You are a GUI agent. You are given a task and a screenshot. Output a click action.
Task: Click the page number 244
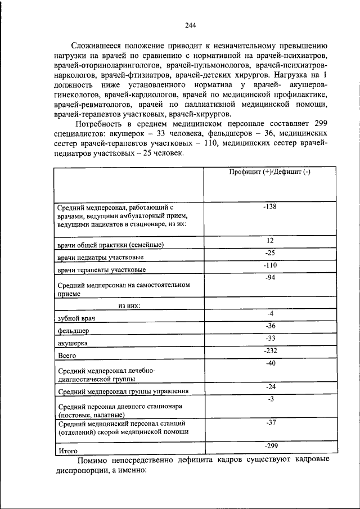tap(190, 25)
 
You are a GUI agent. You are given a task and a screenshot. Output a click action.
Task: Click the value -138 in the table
tap(269, 207)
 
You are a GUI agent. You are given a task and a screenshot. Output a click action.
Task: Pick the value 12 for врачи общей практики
tap(269, 240)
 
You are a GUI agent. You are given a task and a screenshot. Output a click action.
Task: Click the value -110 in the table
tap(269, 265)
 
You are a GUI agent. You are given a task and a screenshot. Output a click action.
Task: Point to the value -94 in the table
tap(269, 277)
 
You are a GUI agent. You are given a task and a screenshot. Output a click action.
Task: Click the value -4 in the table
tap(269, 313)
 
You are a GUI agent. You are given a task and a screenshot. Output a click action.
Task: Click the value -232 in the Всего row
tap(269, 350)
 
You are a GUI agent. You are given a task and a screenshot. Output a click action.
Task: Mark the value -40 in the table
tap(269, 363)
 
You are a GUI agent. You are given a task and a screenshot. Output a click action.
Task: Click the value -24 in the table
tap(269, 387)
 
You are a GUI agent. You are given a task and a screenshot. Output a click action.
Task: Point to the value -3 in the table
tap(269, 399)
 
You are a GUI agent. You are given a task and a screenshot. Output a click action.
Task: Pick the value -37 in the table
tap(269, 421)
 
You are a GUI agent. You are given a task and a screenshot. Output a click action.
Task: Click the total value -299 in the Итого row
tap(269, 445)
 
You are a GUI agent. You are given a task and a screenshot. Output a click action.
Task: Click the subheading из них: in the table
tap(129, 305)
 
